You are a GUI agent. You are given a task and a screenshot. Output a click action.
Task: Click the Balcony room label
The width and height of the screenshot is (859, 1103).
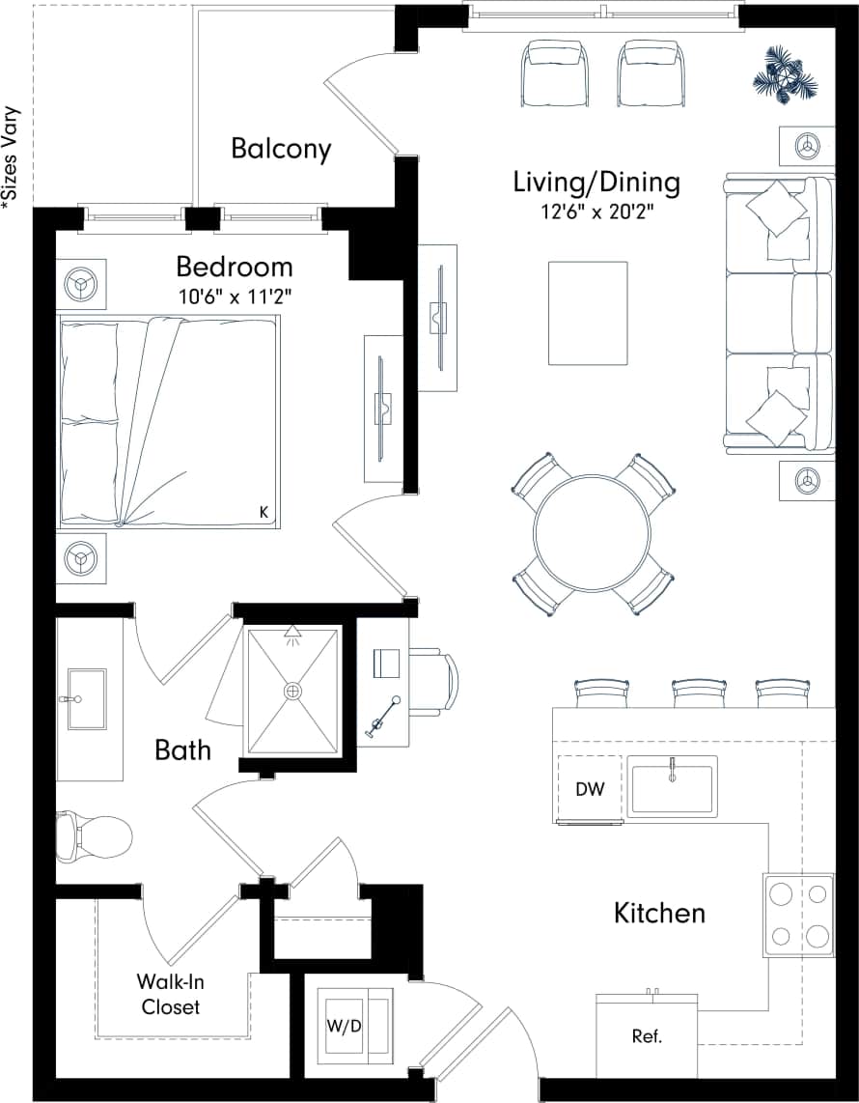281,149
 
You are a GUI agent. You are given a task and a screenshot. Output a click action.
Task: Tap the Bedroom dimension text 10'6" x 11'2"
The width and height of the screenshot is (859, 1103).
235,297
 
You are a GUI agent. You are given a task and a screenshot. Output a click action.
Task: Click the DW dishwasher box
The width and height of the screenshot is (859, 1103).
590,788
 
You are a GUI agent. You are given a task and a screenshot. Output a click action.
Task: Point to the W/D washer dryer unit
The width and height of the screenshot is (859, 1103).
349,1026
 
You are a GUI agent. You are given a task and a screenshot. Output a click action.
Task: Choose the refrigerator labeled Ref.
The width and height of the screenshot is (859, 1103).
646,1037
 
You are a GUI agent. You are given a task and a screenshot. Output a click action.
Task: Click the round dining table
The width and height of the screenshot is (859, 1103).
592,531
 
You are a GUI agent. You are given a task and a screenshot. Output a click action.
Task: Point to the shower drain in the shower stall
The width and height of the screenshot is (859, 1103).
293,691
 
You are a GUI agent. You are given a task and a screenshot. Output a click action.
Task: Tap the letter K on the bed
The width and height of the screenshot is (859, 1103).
263,512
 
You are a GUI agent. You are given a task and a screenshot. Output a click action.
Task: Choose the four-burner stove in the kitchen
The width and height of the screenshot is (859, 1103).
798,915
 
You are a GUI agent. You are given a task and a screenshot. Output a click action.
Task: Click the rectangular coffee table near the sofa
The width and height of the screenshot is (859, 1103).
588,314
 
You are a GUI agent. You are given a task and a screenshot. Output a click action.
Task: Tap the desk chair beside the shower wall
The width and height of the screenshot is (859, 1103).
436,682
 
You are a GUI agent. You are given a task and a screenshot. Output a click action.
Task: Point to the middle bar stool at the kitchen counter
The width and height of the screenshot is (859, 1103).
699,693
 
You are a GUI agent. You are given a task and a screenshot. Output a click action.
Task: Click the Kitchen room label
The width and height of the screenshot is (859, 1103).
659,913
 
